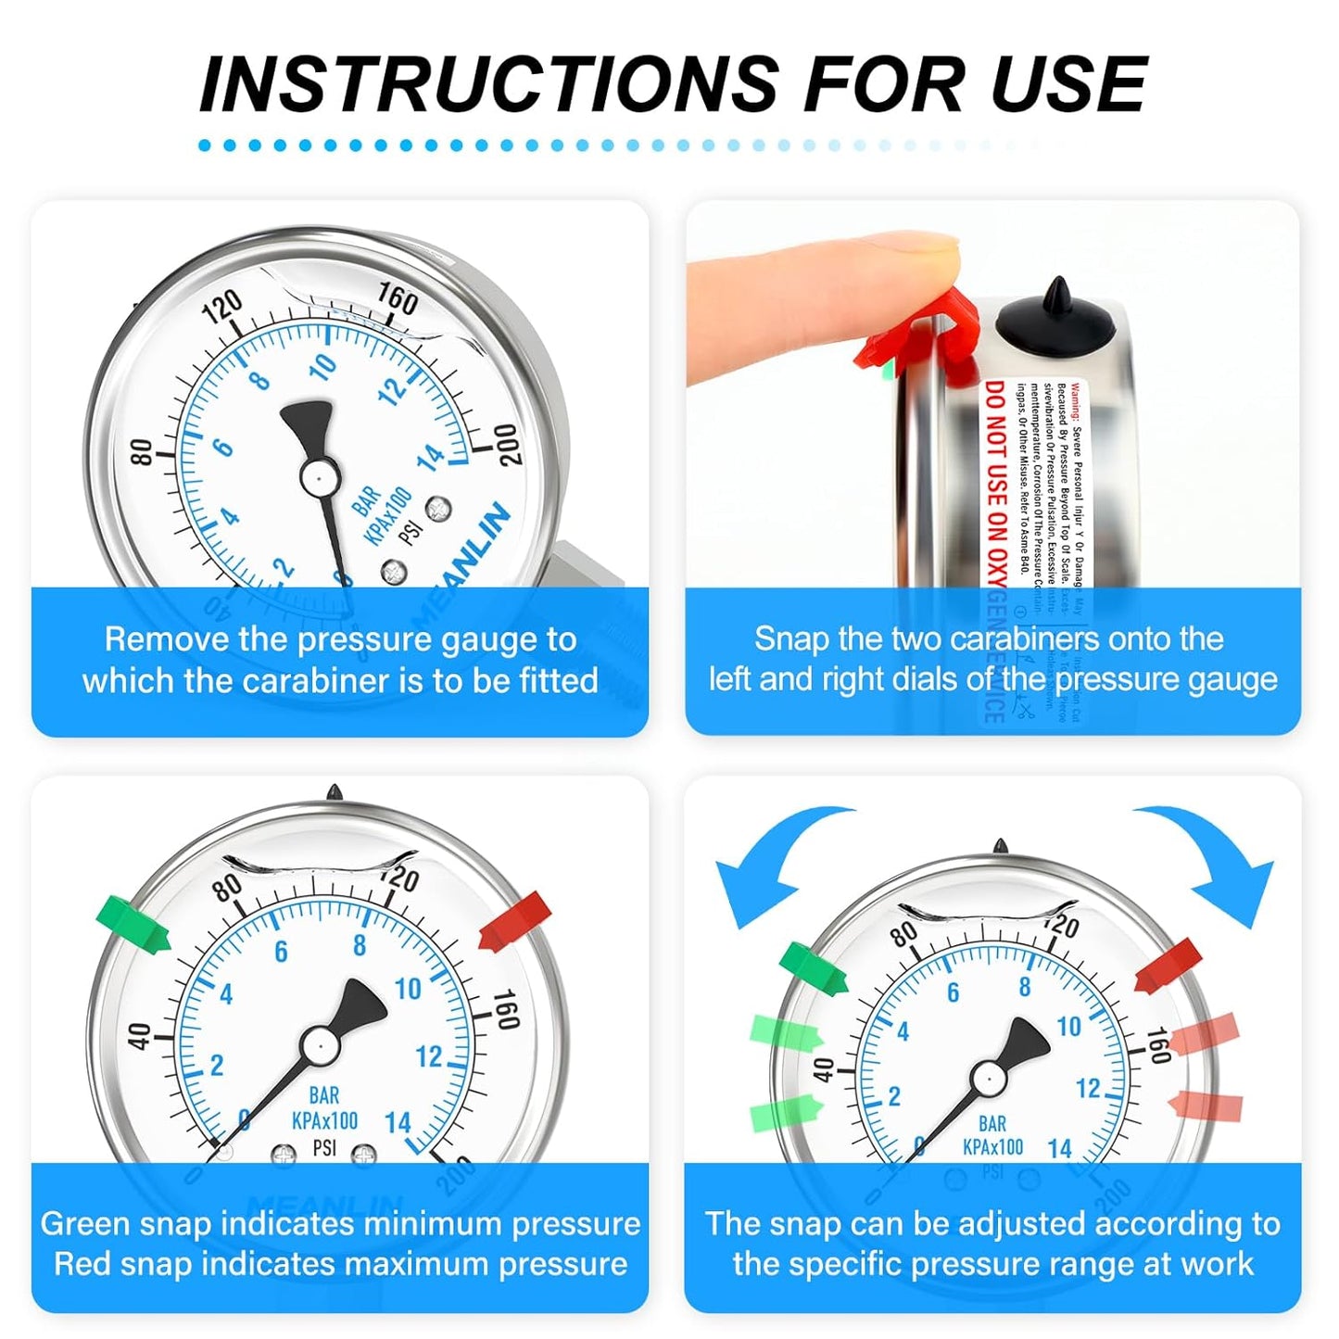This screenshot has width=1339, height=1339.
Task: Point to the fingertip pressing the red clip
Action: [927, 255]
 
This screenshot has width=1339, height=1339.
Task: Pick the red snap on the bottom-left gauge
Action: [515, 921]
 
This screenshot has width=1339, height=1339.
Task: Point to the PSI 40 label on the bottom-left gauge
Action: [138, 1036]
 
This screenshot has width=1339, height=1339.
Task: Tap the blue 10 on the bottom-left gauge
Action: [408, 990]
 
